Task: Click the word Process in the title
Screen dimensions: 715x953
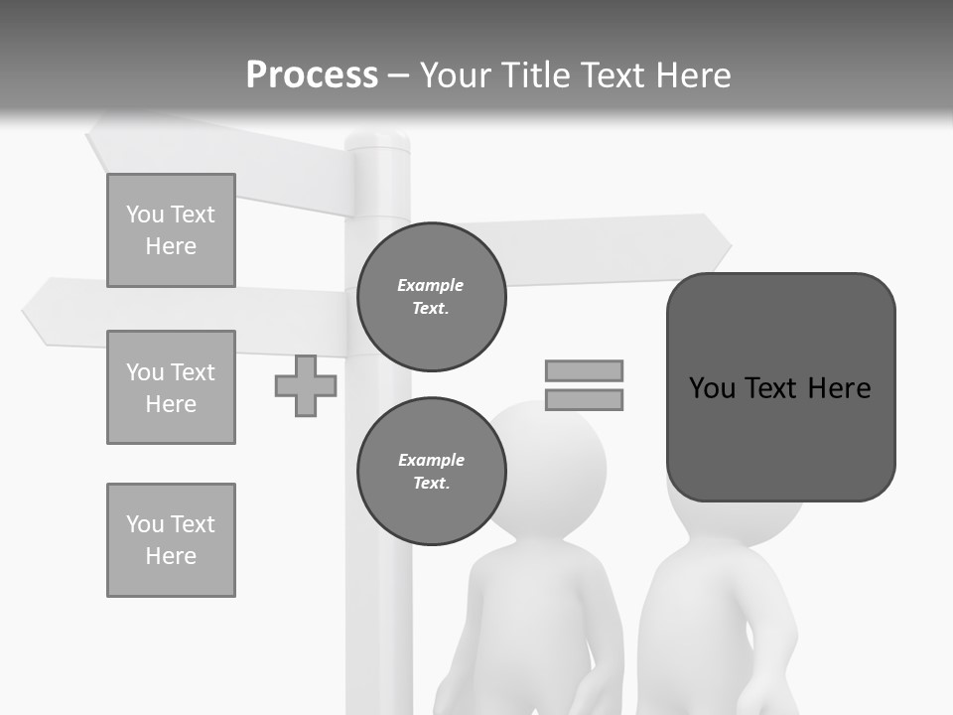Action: coord(312,74)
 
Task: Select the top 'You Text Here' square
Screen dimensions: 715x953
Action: coord(171,230)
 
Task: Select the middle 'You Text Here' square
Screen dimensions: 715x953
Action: coord(171,387)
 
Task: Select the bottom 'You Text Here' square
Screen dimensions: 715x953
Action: coord(171,540)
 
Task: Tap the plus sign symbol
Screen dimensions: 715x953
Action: coord(306,386)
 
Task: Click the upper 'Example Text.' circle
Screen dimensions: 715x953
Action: coord(432,297)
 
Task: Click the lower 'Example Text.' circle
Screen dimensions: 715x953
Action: coord(432,472)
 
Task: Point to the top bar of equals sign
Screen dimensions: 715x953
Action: coord(584,370)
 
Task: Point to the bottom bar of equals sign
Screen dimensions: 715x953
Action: coord(584,400)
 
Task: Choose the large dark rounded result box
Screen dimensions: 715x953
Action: coord(780,387)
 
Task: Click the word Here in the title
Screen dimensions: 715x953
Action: coord(695,75)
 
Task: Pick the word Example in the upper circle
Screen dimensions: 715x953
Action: coord(431,285)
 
